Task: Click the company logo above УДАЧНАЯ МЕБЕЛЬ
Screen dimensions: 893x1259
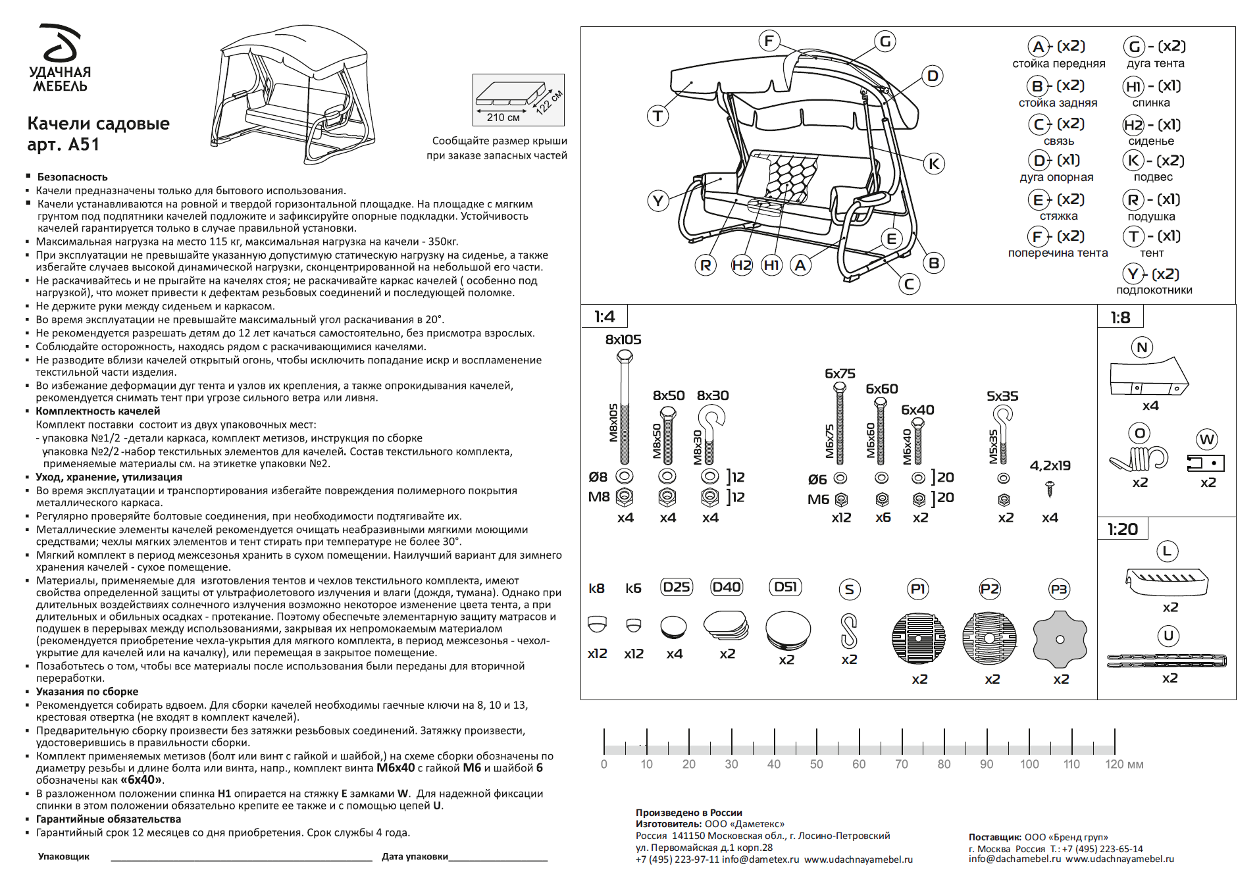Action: tap(61, 43)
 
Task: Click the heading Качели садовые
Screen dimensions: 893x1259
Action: tap(98, 124)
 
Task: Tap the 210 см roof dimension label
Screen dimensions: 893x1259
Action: tap(503, 118)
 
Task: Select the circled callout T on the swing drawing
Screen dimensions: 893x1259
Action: tap(657, 116)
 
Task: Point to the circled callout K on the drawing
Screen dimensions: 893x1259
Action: tap(933, 164)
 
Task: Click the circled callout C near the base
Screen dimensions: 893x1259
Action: tap(909, 284)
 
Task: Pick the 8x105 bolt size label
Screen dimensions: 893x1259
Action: tap(623, 340)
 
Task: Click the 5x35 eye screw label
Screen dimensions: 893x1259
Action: tap(1002, 396)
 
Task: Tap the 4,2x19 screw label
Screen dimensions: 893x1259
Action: tap(1050, 466)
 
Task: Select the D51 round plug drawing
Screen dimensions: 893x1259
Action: tap(788, 630)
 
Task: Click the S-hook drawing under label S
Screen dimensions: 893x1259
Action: tap(849, 630)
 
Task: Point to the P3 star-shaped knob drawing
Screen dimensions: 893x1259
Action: tap(1060, 638)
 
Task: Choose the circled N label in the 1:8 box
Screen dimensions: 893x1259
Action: tap(1142, 347)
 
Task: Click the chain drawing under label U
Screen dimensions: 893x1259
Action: tap(1166, 661)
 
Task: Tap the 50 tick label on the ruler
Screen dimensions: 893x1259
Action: tap(816, 765)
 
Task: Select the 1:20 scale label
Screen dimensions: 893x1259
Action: tap(1122, 530)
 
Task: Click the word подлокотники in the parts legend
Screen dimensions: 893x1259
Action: tap(1154, 290)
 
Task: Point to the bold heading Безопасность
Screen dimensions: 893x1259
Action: tap(72, 177)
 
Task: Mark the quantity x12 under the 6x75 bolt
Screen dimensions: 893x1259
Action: tap(840, 518)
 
